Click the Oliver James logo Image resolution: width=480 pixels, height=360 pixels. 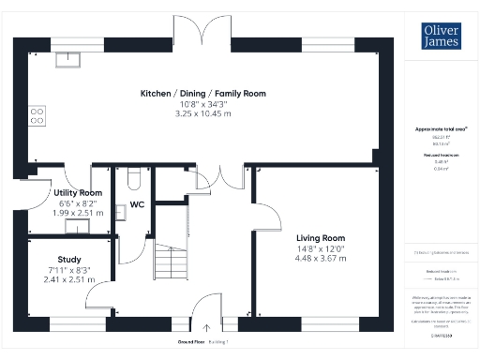[x=437, y=36]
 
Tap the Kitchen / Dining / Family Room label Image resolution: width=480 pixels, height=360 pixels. [x=203, y=94]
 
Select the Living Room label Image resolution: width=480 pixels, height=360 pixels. [x=321, y=238]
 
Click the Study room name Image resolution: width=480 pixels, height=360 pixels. [x=68, y=260]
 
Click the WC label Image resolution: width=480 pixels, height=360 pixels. [x=136, y=203]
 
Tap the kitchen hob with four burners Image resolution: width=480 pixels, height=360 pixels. [x=38, y=115]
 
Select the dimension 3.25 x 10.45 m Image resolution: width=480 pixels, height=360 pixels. [x=203, y=113]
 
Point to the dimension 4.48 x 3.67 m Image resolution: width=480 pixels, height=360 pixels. [x=321, y=258]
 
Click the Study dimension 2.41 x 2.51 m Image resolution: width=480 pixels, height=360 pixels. [x=68, y=278]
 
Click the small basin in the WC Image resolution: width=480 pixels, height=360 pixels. [x=118, y=212]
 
